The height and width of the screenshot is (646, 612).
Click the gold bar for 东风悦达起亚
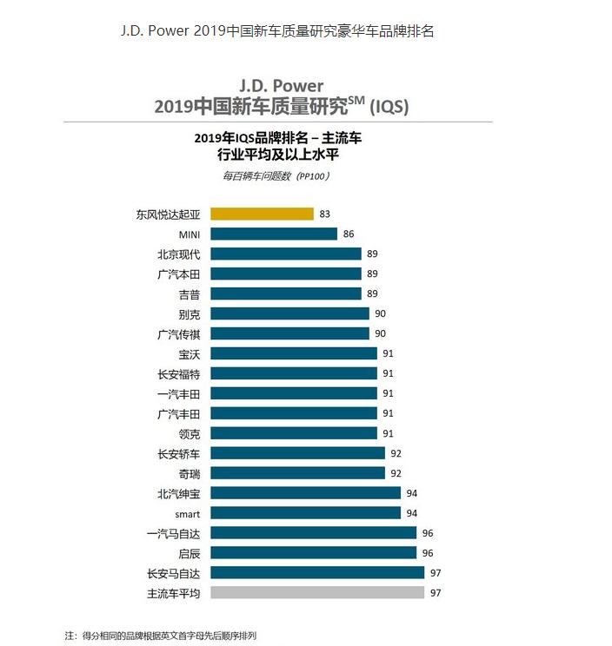point(262,214)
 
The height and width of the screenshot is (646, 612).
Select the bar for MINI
point(274,234)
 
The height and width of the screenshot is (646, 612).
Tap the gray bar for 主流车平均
point(317,593)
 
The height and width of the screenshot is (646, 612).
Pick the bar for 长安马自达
point(317,573)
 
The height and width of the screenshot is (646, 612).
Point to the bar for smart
point(305,513)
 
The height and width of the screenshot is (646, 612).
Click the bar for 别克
point(289,313)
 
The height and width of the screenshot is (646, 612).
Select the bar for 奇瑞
point(297,473)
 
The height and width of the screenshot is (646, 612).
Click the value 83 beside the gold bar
point(325,214)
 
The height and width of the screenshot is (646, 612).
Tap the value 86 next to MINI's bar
point(349,234)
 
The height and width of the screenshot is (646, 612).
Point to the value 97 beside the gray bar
point(436,593)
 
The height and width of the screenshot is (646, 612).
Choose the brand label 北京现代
point(179,254)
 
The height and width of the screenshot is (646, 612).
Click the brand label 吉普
point(190,293)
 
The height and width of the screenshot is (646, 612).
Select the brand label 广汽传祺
point(179,333)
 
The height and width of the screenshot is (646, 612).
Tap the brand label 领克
point(190,433)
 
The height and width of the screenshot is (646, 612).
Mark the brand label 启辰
point(190,553)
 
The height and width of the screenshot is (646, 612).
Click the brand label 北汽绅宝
point(179,493)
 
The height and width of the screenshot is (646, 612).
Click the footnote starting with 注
point(161,636)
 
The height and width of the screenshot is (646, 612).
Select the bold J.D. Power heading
point(281,86)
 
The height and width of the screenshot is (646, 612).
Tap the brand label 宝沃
point(190,353)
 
